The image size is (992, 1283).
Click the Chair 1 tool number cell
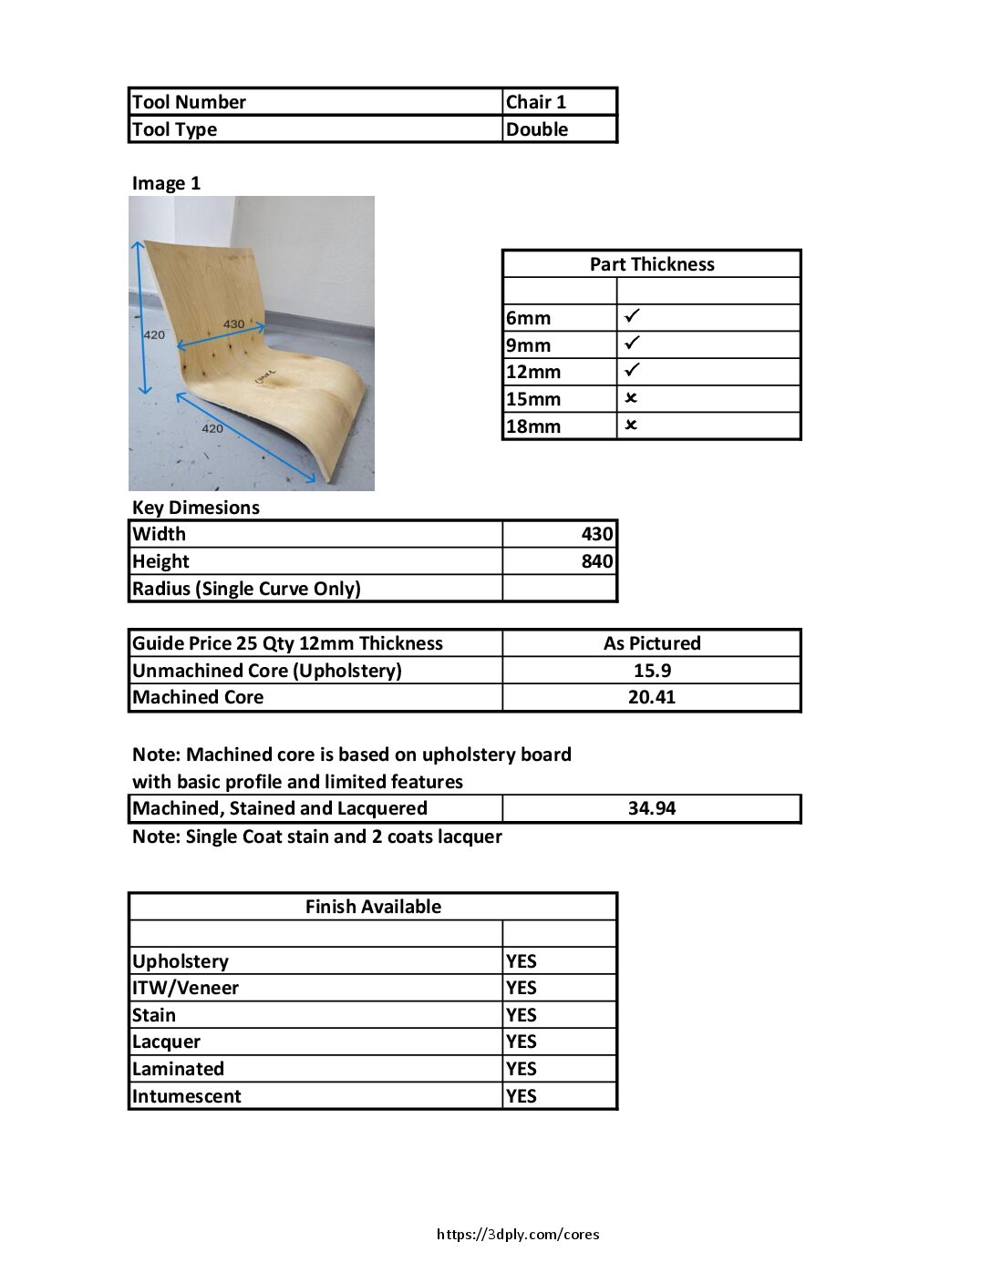click(536, 102)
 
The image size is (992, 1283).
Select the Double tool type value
click(537, 129)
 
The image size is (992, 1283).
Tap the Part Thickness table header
click(651, 264)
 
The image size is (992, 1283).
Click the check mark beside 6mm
click(632, 316)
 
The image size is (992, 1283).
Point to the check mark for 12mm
click(632, 370)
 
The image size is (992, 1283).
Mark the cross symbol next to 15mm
click(631, 398)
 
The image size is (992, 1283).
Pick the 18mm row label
click(533, 426)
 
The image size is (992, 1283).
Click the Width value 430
click(596, 534)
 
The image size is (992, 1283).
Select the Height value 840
click(596, 561)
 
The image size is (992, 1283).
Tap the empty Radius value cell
click(559, 589)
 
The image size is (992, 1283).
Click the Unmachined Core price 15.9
click(651, 671)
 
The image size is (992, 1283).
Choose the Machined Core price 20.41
click(651, 697)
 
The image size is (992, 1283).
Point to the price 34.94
click(651, 808)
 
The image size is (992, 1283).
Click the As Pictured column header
click(651, 643)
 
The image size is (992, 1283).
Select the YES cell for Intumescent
click(522, 1096)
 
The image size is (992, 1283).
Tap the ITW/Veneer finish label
click(186, 988)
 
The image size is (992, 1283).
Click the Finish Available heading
click(373, 907)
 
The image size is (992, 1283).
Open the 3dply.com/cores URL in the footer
click(518, 1235)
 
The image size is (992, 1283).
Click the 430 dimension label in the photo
click(233, 324)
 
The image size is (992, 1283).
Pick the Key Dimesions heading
click(196, 508)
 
